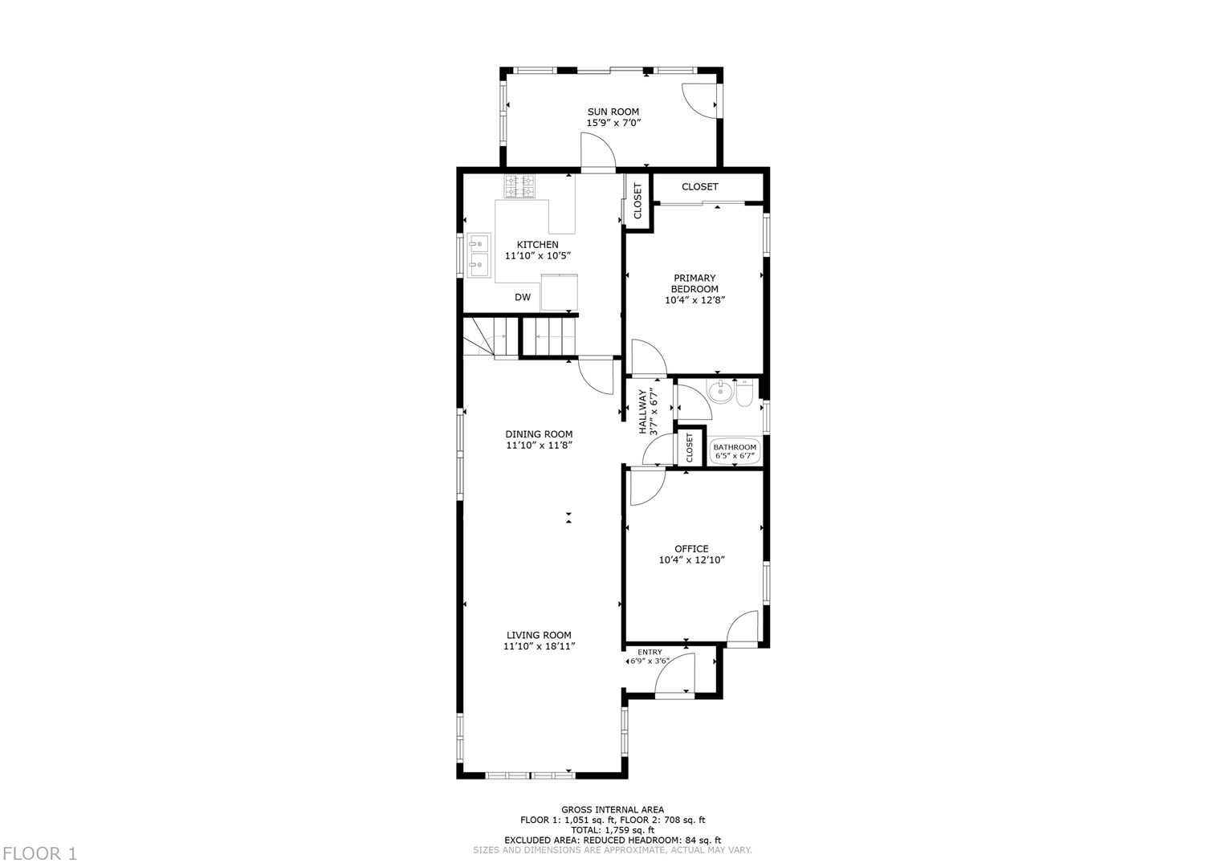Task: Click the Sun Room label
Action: (x=613, y=112)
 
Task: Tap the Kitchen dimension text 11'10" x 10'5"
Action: (x=537, y=256)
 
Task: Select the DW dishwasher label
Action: (x=523, y=297)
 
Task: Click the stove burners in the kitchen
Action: (x=519, y=186)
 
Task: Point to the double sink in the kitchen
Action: (x=479, y=254)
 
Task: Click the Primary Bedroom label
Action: (x=694, y=283)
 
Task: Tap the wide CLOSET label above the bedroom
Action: (x=699, y=187)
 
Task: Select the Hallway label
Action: (x=643, y=412)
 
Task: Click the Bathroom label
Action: (x=735, y=447)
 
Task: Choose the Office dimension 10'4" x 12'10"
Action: (x=691, y=560)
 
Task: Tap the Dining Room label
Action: (x=539, y=434)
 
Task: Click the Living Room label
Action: (x=539, y=635)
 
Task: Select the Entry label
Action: (x=650, y=652)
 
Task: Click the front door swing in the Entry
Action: (x=675, y=674)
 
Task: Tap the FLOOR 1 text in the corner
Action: (x=39, y=853)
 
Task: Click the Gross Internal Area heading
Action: (x=612, y=810)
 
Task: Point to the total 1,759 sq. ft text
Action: (x=612, y=830)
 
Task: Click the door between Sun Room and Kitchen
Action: (x=597, y=153)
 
